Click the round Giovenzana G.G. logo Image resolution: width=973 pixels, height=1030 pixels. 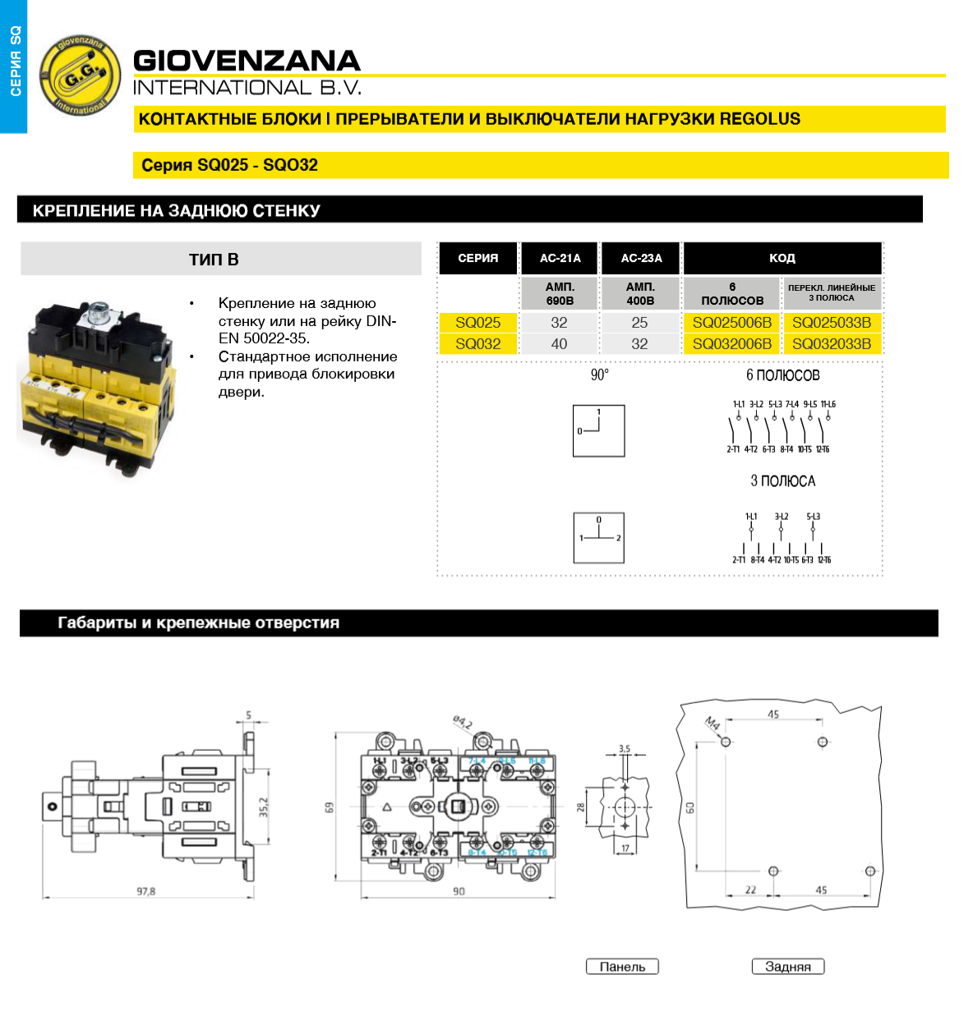[81, 76]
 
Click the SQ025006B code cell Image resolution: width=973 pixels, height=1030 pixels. [731, 323]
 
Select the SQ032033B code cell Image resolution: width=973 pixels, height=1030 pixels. [832, 344]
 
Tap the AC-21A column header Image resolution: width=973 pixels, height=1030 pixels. [560, 258]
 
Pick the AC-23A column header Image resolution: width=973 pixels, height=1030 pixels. [641, 258]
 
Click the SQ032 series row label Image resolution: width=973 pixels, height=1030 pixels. [477, 344]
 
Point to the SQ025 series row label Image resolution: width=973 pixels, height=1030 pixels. [477, 323]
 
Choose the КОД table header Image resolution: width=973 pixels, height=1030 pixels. [782, 258]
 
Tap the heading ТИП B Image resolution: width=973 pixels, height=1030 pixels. [214, 260]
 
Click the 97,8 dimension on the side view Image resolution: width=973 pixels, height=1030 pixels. [146, 891]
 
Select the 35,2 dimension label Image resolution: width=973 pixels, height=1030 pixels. [264, 807]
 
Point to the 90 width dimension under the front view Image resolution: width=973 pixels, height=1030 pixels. [459, 891]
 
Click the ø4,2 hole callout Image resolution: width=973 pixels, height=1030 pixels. [463, 722]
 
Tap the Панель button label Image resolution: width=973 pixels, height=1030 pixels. [622, 967]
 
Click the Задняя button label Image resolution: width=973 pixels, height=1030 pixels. [787, 967]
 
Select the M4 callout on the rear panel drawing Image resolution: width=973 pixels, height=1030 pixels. [712, 724]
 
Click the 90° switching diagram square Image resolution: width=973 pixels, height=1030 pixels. [599, 430]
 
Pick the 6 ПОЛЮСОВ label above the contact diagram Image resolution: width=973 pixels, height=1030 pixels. [782, 375]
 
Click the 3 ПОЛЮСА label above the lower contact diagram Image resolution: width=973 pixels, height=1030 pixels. [782, 481]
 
